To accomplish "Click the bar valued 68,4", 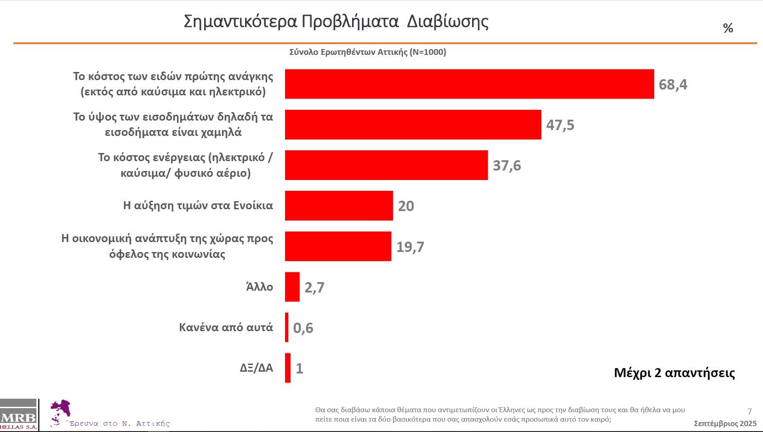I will (469, 84).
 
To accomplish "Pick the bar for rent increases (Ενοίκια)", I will (339, 206).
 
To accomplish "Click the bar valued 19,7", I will (338, 246).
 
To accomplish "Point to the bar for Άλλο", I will (292, 287).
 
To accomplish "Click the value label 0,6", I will (303, 328).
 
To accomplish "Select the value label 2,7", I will (314, 287).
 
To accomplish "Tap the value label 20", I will (406, 206).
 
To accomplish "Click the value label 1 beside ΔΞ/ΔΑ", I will (299, 368).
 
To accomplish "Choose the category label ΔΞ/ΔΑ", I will (256, 368).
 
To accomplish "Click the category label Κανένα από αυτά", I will (226, 327).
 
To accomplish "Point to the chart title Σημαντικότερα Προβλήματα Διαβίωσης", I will (336, 21).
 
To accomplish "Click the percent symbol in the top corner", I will (728, 28).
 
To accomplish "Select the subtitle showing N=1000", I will (367, 52).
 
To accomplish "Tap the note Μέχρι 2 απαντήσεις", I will (674, 373).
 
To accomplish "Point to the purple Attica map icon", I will (61, 411).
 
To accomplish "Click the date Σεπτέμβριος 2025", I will (725, 423).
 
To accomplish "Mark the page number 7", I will (750, 411).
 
